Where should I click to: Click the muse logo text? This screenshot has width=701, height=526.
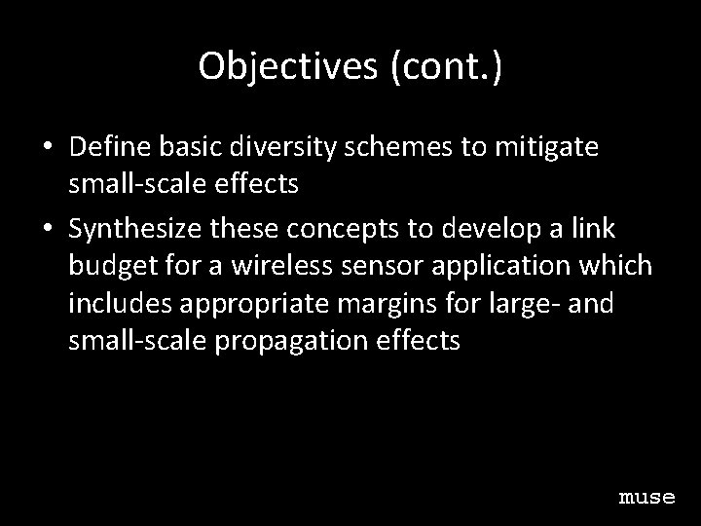pyautogui.click(x=646, y=497)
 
